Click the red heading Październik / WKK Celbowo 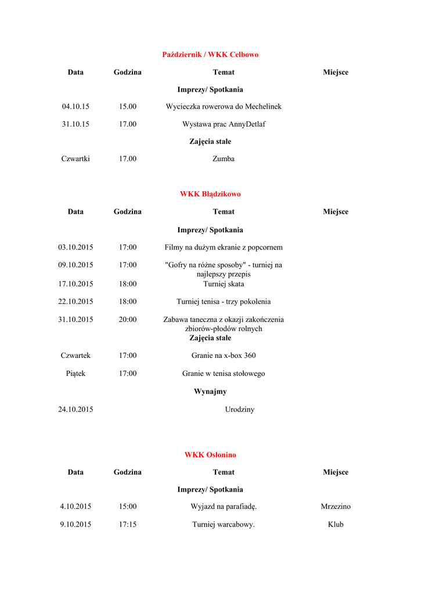pos(210,55)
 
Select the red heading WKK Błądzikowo pos(210,194)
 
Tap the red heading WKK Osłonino pos(210,455)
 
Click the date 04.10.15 pos(75,107)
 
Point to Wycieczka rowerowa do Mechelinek pos(224,107)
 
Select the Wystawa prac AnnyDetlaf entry pos(224,124)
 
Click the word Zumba pos(224,159)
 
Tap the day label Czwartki pos(75,159)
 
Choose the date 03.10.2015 pos(75,248)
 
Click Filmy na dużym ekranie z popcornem pos(224,248)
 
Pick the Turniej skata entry pos(224,284)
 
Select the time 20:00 pos(128,320)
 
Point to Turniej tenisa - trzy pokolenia pos(224,302)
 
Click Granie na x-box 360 pos(224,356)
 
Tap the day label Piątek pos(75,374)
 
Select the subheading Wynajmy pos(210,392)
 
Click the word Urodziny pos(240,410)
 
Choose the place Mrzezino pos(336,507)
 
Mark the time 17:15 pos(128,525)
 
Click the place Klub pos(336,525)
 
